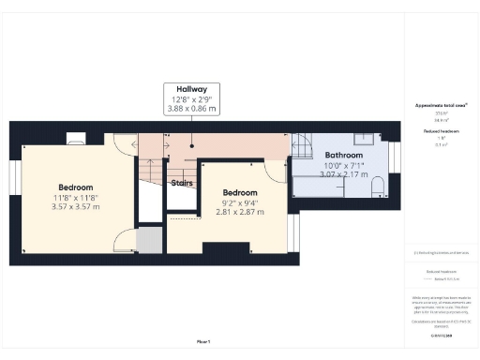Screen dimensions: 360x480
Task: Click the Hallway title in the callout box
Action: pyautogui.click(x=192, y=88)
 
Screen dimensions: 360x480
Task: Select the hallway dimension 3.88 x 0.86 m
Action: pyautogui.click(x=192, y=109)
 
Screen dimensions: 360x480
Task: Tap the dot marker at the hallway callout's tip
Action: pyautogui.click(x=192, y=145)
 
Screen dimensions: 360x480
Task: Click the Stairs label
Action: pyautogui.click(x=182, y=183)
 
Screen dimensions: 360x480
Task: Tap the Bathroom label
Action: pyautogui.click(x=344, y=155)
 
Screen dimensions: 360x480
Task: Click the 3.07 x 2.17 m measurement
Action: pyautogui.click(x=344, y=174)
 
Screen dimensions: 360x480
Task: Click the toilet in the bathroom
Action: pyautogui.click(x=377, y=190)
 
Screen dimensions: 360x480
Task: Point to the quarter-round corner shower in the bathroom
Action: pyautogui.click(x=302, y=145)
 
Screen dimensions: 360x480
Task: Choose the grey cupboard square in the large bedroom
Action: pyautogui.click(x=149, y=240)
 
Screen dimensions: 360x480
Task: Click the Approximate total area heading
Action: pyautogui.click(x=442, y=108)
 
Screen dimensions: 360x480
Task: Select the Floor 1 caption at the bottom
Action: pyautogui.click(x=203, y=341)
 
